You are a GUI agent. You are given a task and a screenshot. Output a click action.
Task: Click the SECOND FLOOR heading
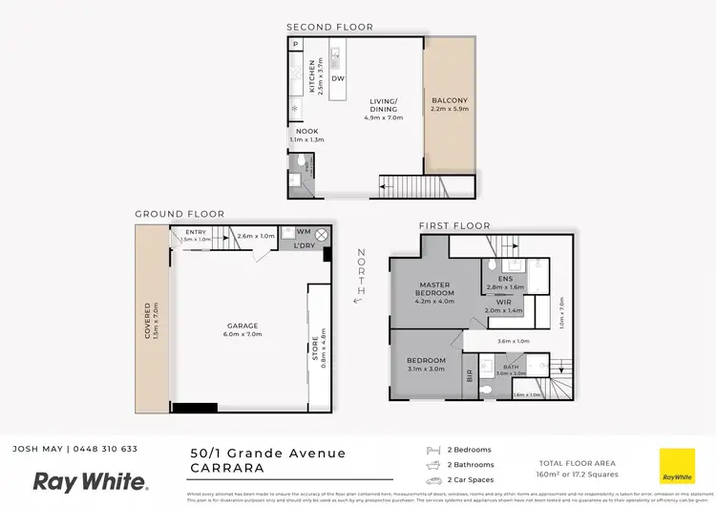coord(330,27)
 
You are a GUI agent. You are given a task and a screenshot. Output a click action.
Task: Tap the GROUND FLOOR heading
coord(179,214)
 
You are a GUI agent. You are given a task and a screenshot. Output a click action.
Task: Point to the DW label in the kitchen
coord(338,79)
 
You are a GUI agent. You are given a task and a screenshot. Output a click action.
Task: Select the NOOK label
coord(306,131)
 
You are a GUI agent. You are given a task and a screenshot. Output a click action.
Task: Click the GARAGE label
coord(242,326)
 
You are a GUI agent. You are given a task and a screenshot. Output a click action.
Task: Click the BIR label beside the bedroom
coord(469,376)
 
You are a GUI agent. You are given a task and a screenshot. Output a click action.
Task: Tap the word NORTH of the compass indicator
coord(360,269)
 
